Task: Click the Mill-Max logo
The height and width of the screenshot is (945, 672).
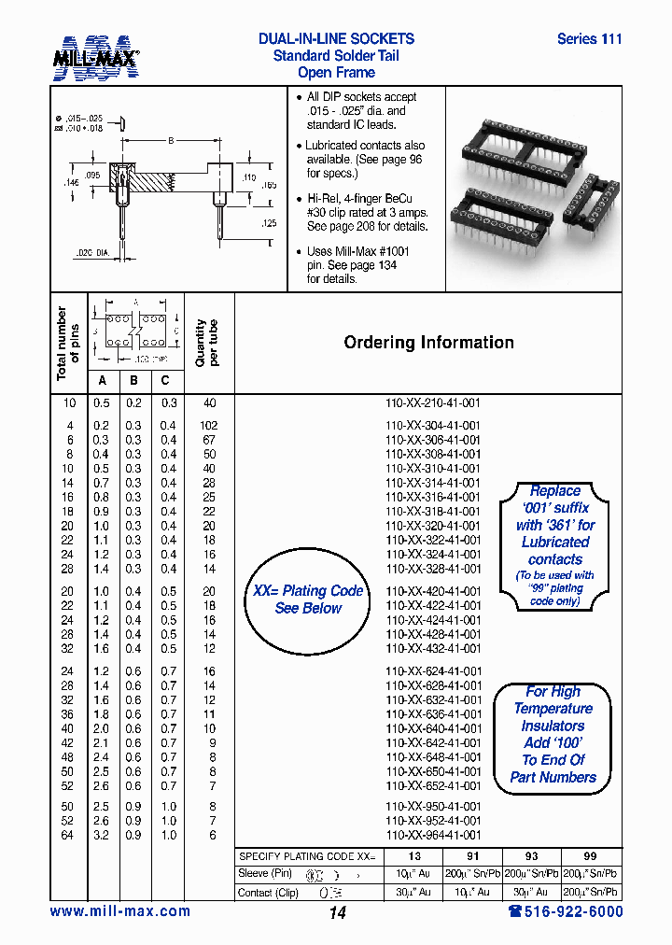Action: tap(94, 57)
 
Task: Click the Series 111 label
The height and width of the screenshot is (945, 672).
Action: tap(589, 39)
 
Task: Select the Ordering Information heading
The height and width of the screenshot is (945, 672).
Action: tap(428, 343)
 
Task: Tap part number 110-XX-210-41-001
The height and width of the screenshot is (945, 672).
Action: tap(433, 403)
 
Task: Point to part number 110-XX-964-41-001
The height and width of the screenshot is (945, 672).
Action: tap(433, 835)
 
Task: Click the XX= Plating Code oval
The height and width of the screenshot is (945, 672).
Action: tap(308, 599)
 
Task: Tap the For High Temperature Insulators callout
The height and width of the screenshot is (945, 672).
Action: tap(553, 735)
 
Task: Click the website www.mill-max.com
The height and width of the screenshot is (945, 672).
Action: tap(119, 911)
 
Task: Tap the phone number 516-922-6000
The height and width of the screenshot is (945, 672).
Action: tap(565, 911)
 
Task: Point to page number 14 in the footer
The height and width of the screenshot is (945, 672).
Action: tap(337, 913)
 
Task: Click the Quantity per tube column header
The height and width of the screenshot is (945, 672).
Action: tap(207, 343)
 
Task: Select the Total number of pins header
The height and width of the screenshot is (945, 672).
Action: tap(68, 343)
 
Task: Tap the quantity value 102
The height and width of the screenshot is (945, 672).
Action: tap(209, 425)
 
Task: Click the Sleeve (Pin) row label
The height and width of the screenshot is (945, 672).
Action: tap(266, 874)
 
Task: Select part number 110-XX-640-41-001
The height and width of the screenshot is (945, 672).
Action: tap(433, 728)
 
